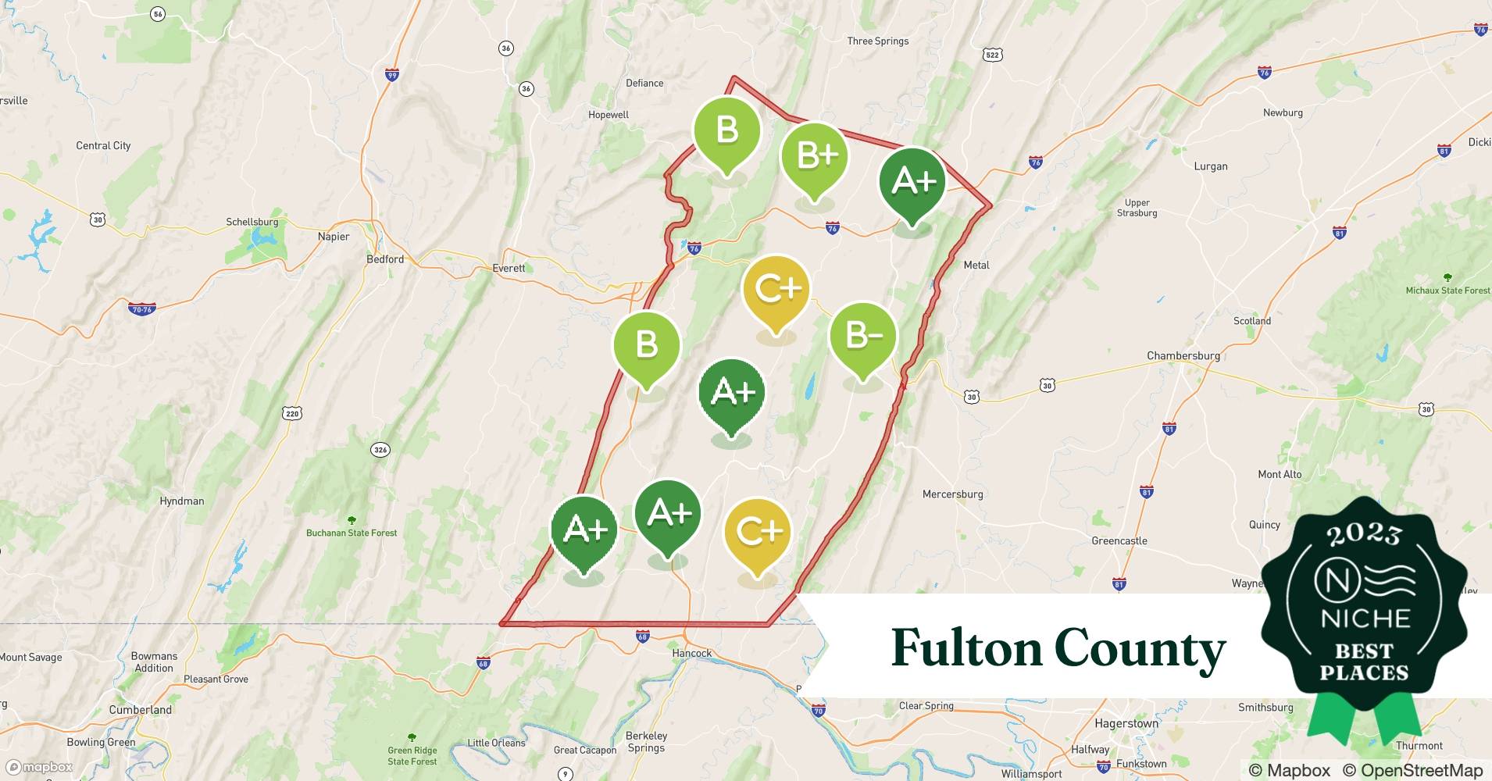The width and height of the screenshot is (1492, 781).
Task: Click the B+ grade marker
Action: pyautogui.click(x=815, y=157)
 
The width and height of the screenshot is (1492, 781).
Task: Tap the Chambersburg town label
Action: pyautogui.click(x=1183, y=355)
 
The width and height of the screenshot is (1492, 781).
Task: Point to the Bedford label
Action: pyautogui.click(x=385, y=259)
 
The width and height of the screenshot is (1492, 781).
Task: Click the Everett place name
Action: pyautogui.click(x=509, y=268)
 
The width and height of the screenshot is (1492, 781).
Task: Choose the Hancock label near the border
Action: pyautogui.click(x=691, y=653)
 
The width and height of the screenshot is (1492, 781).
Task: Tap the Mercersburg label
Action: pyautogui.click(x=952, y=494)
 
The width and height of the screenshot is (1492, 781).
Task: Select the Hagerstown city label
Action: pyautogui.click(x=1126, y=723)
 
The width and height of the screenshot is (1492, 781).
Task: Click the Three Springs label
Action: pyautogui.click(x=878, y=41)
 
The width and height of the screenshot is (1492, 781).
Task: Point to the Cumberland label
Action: pyautogui.click(x=141, y=710)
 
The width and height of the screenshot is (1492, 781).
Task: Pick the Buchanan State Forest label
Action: pyautogui.click(x=352, y=533)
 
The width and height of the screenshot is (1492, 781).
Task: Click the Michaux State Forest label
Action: pyautogui.click(x=1447, y=291)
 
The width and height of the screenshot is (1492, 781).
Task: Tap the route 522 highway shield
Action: pyautogui.click(x=992, y=55)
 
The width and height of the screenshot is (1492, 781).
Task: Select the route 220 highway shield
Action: pyautogui.click(x=292, y=413)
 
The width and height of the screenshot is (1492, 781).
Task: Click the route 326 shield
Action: pyautogui.click(x=380, y=449)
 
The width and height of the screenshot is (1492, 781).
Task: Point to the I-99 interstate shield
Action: pyautogui.click(x=392, y=75)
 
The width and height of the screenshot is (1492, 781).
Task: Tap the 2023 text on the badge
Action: pyautogui.click(x=1364, y=534)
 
